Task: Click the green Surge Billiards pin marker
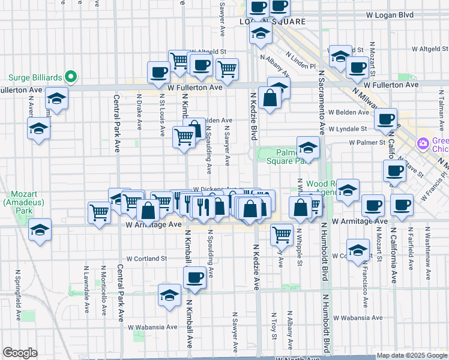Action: (x=70, y=76)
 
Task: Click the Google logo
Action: (x=20, y=353)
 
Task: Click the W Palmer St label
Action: (x=367, y=142)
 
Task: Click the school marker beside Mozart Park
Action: (x=40, y=229)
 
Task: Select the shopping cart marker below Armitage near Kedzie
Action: (x=282, y=235)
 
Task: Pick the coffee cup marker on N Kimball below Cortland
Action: (x=194, y=277)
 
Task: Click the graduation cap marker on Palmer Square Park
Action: (x=308, y=148)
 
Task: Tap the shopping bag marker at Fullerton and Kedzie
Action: (x=270, y=97)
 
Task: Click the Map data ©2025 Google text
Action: (x=411, y=355)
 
